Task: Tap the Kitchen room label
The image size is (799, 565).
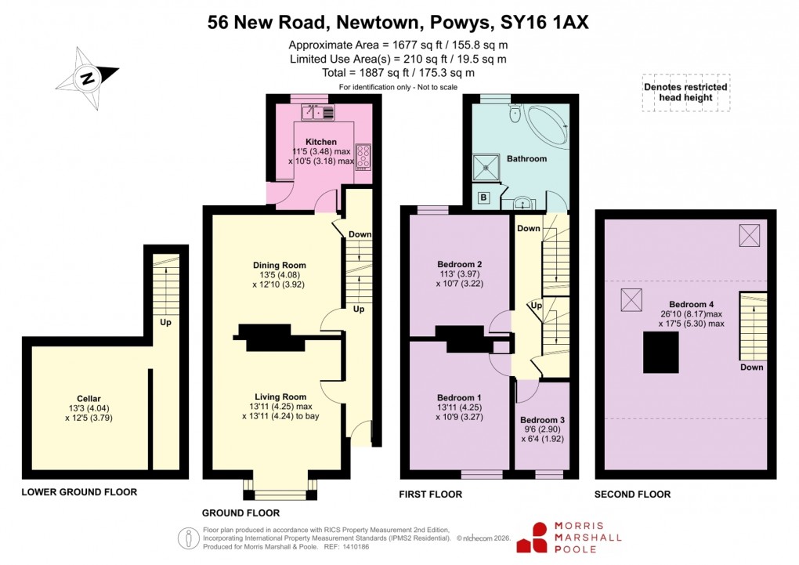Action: pos(320,142)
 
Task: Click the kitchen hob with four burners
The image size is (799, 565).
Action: pos(363,156)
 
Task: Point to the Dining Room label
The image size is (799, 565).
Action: pos(279,265)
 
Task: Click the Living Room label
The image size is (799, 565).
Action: pos(280,397)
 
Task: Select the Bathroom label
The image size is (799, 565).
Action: pos(526,158)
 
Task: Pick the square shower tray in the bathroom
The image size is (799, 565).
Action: pos(488,165)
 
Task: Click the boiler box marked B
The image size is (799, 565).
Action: pos(483,198)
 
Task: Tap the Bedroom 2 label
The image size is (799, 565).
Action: pos(459,264)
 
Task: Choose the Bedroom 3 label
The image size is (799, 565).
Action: pos(542,420)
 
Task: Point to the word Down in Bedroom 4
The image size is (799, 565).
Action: pos(751,368)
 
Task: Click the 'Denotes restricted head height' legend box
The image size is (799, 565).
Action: pos(685,93)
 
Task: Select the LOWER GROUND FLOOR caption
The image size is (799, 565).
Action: pos(79,493)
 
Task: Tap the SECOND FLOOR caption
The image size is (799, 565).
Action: pos(633,494)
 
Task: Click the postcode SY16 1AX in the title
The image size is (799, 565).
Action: pos(544,23)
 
